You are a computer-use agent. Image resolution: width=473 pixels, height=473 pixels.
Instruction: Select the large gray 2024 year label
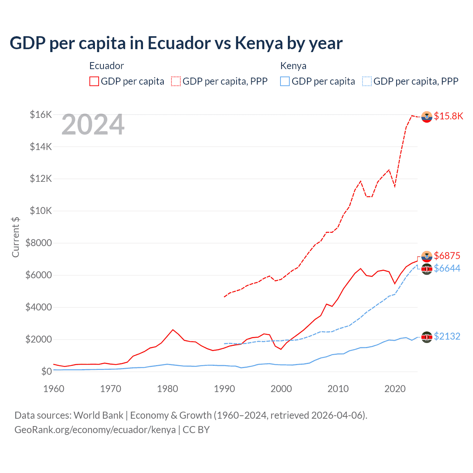(93, 125)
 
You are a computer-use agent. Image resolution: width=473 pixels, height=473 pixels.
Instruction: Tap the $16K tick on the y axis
(41, 115)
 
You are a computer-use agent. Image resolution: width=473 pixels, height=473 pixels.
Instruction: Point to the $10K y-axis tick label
(41, 211)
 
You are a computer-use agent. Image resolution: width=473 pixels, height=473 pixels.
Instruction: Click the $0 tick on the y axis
(46, 371)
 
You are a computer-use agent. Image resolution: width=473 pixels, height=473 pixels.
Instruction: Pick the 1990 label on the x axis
(224, 389)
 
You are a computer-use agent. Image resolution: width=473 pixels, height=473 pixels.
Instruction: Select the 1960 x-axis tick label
(54, 389)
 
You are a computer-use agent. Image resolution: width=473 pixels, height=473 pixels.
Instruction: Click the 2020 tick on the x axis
(395, 389)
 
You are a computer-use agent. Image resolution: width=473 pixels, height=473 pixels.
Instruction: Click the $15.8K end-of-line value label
(448, 116)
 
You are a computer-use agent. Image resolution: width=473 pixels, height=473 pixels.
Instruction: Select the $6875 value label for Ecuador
(447, 256)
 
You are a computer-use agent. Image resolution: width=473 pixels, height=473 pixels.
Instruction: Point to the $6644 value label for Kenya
(447, 268)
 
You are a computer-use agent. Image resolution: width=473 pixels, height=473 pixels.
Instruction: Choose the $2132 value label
(447, 336)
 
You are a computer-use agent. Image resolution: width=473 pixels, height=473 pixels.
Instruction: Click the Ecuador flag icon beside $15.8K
(427, 116)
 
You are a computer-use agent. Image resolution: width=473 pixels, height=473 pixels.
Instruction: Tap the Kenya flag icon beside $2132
(427, 337)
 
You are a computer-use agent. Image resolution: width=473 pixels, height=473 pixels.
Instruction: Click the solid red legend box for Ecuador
(94, 81)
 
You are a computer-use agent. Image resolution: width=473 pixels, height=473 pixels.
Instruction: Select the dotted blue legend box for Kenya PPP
(367, 81)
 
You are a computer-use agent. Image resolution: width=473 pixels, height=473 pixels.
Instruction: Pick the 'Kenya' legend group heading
(293, 66)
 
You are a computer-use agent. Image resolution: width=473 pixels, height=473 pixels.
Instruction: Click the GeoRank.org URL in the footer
(95, 430)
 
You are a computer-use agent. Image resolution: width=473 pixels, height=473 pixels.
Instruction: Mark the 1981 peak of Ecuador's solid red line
(173, 330)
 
